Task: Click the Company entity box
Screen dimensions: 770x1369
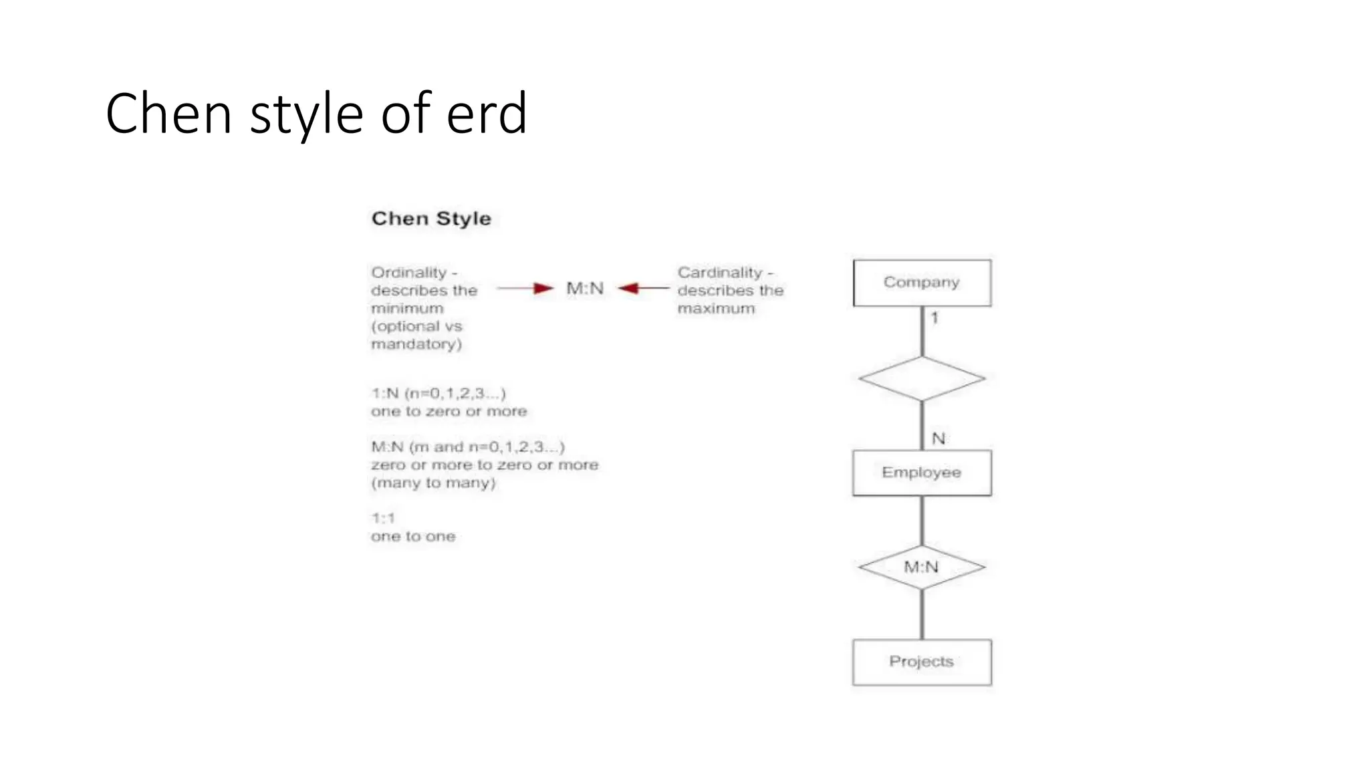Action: click(x=922, y=283)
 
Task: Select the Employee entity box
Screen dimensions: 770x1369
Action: click(x=922, y=473)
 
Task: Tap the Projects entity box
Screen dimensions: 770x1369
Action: click(x=922, y=662)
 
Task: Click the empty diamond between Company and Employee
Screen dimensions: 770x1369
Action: click(x=922, y=378)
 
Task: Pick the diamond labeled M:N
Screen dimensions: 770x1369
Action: click(x=922, y=567)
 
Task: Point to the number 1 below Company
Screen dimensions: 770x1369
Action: click(x=935, y=318)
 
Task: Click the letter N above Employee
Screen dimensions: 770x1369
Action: click(x=939, y=438)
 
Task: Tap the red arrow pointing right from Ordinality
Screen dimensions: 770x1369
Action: click(x=525, y=288)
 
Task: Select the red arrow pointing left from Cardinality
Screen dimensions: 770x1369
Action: click(x=643, y=288)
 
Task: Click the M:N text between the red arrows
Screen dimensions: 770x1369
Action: click(x=585, y=288)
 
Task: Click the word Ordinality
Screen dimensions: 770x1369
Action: click(x=409, y=273)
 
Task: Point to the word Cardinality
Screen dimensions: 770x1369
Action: click(x=720, y=273)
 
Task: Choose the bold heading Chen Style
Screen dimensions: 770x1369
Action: click(x=431, y=219)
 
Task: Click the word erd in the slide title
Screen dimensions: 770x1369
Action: click(x=487, y=114)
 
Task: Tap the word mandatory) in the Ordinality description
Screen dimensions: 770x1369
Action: click(x=416, y=344)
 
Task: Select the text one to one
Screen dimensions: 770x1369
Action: click(x=413, y=536)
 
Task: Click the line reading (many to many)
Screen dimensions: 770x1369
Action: click(x=433, y=483)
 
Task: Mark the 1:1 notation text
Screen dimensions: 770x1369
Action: click(x=383, y=518)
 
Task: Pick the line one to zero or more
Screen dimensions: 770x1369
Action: click(x=449, y=411)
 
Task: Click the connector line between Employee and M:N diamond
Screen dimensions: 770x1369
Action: click(x=922, y=521)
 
